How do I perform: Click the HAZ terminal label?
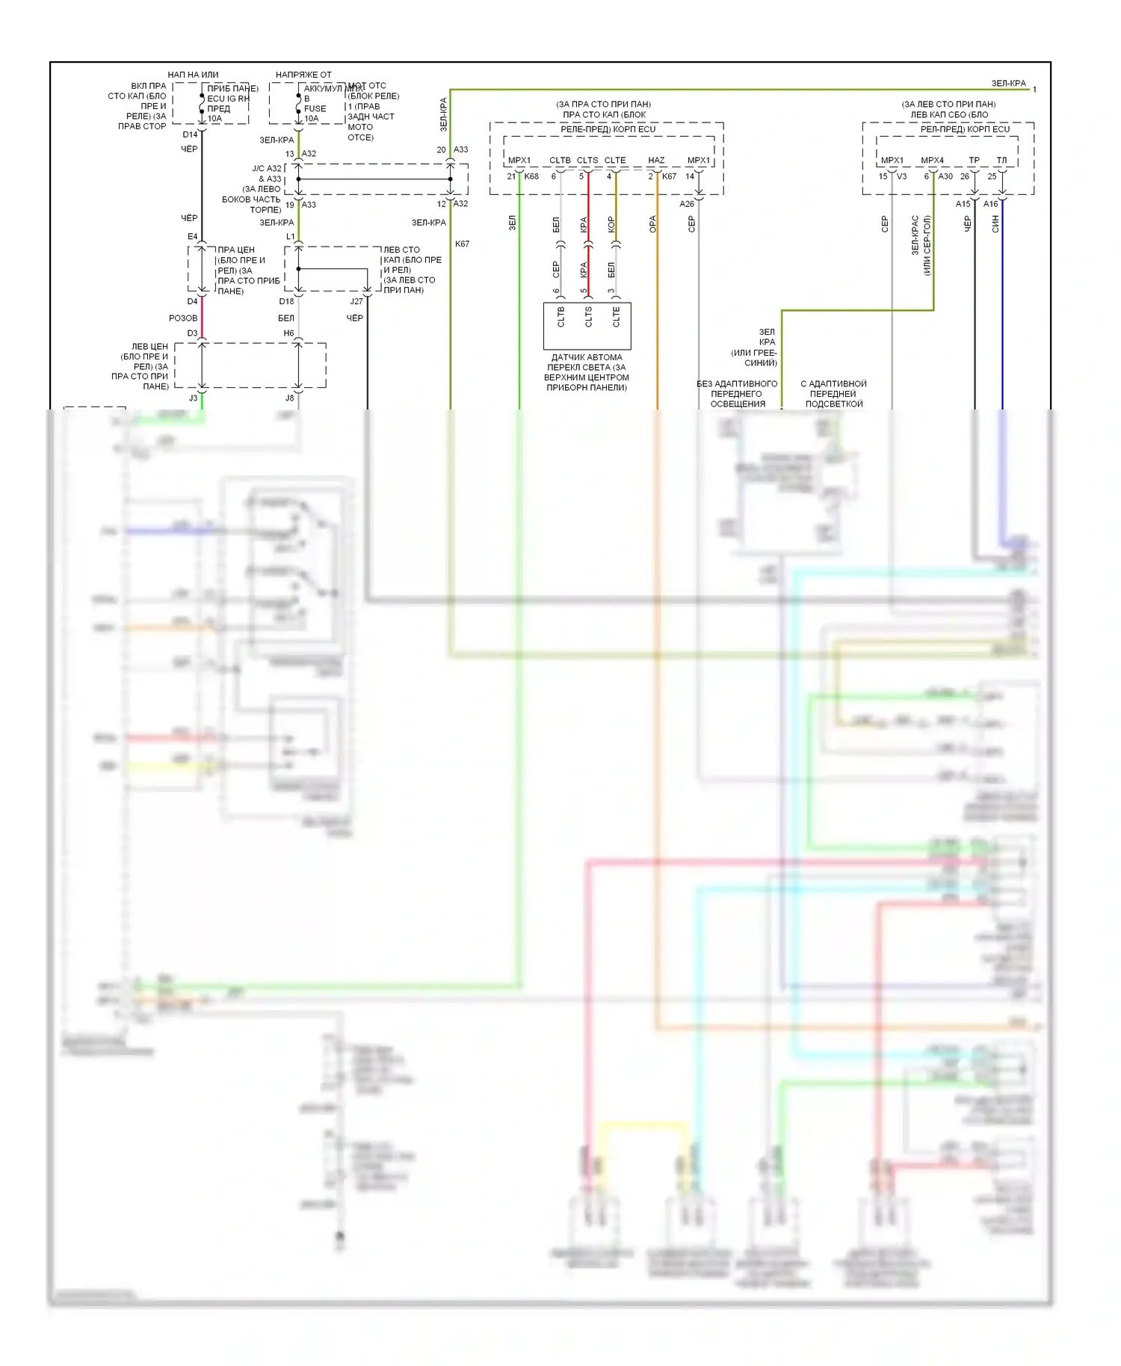pos(655,160)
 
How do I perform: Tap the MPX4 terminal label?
pos(932,160)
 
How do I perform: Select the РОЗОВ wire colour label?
pos(183,318)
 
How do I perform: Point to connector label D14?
pos(190,135)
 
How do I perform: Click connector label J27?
pos(356,301)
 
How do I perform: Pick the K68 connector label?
pos(531,176)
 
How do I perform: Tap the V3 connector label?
pos(901,176)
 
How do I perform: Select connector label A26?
pos(687,203)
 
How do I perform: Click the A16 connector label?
pos(990,203)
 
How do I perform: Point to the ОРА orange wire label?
pos(652,224)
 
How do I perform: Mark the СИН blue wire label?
pos(995,224)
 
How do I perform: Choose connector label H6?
pos(288,333)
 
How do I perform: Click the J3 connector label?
pos(193,398)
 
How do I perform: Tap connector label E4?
pos(192,237)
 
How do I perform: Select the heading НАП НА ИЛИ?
pos(193,75)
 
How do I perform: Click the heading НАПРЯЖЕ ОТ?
pos(303,75)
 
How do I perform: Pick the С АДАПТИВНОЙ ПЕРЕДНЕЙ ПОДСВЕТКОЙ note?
pos(834,394)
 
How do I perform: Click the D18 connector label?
pos(286,301)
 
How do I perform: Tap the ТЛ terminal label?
pos(1001,160)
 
